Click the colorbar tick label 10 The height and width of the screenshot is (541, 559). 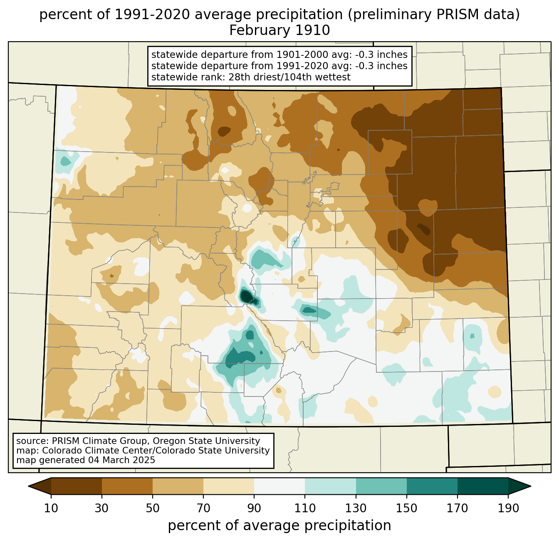tap(51, 508)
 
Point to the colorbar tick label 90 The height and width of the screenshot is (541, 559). tap(254, 508)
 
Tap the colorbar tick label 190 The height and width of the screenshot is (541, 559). tap(508, 508)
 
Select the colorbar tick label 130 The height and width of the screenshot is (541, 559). tap(356, 508)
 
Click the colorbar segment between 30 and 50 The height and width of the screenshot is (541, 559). tap(127, 486)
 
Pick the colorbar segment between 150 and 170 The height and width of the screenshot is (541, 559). tap(432, 486)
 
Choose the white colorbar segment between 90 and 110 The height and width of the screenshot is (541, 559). tap(279, 486)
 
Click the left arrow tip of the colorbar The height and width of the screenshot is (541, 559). tap(28, 486)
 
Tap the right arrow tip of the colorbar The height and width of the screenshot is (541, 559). tap(531, 486)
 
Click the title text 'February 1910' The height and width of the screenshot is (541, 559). tap(279, 30)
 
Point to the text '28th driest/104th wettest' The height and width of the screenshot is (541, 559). tap(289, 77)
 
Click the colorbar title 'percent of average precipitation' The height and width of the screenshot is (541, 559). tap(279, 526)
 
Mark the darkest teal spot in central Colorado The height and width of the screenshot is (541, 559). tap(246, 296)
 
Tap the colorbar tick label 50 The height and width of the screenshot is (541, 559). tap(153, 508)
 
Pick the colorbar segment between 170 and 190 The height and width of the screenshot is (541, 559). tap(482, 486)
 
